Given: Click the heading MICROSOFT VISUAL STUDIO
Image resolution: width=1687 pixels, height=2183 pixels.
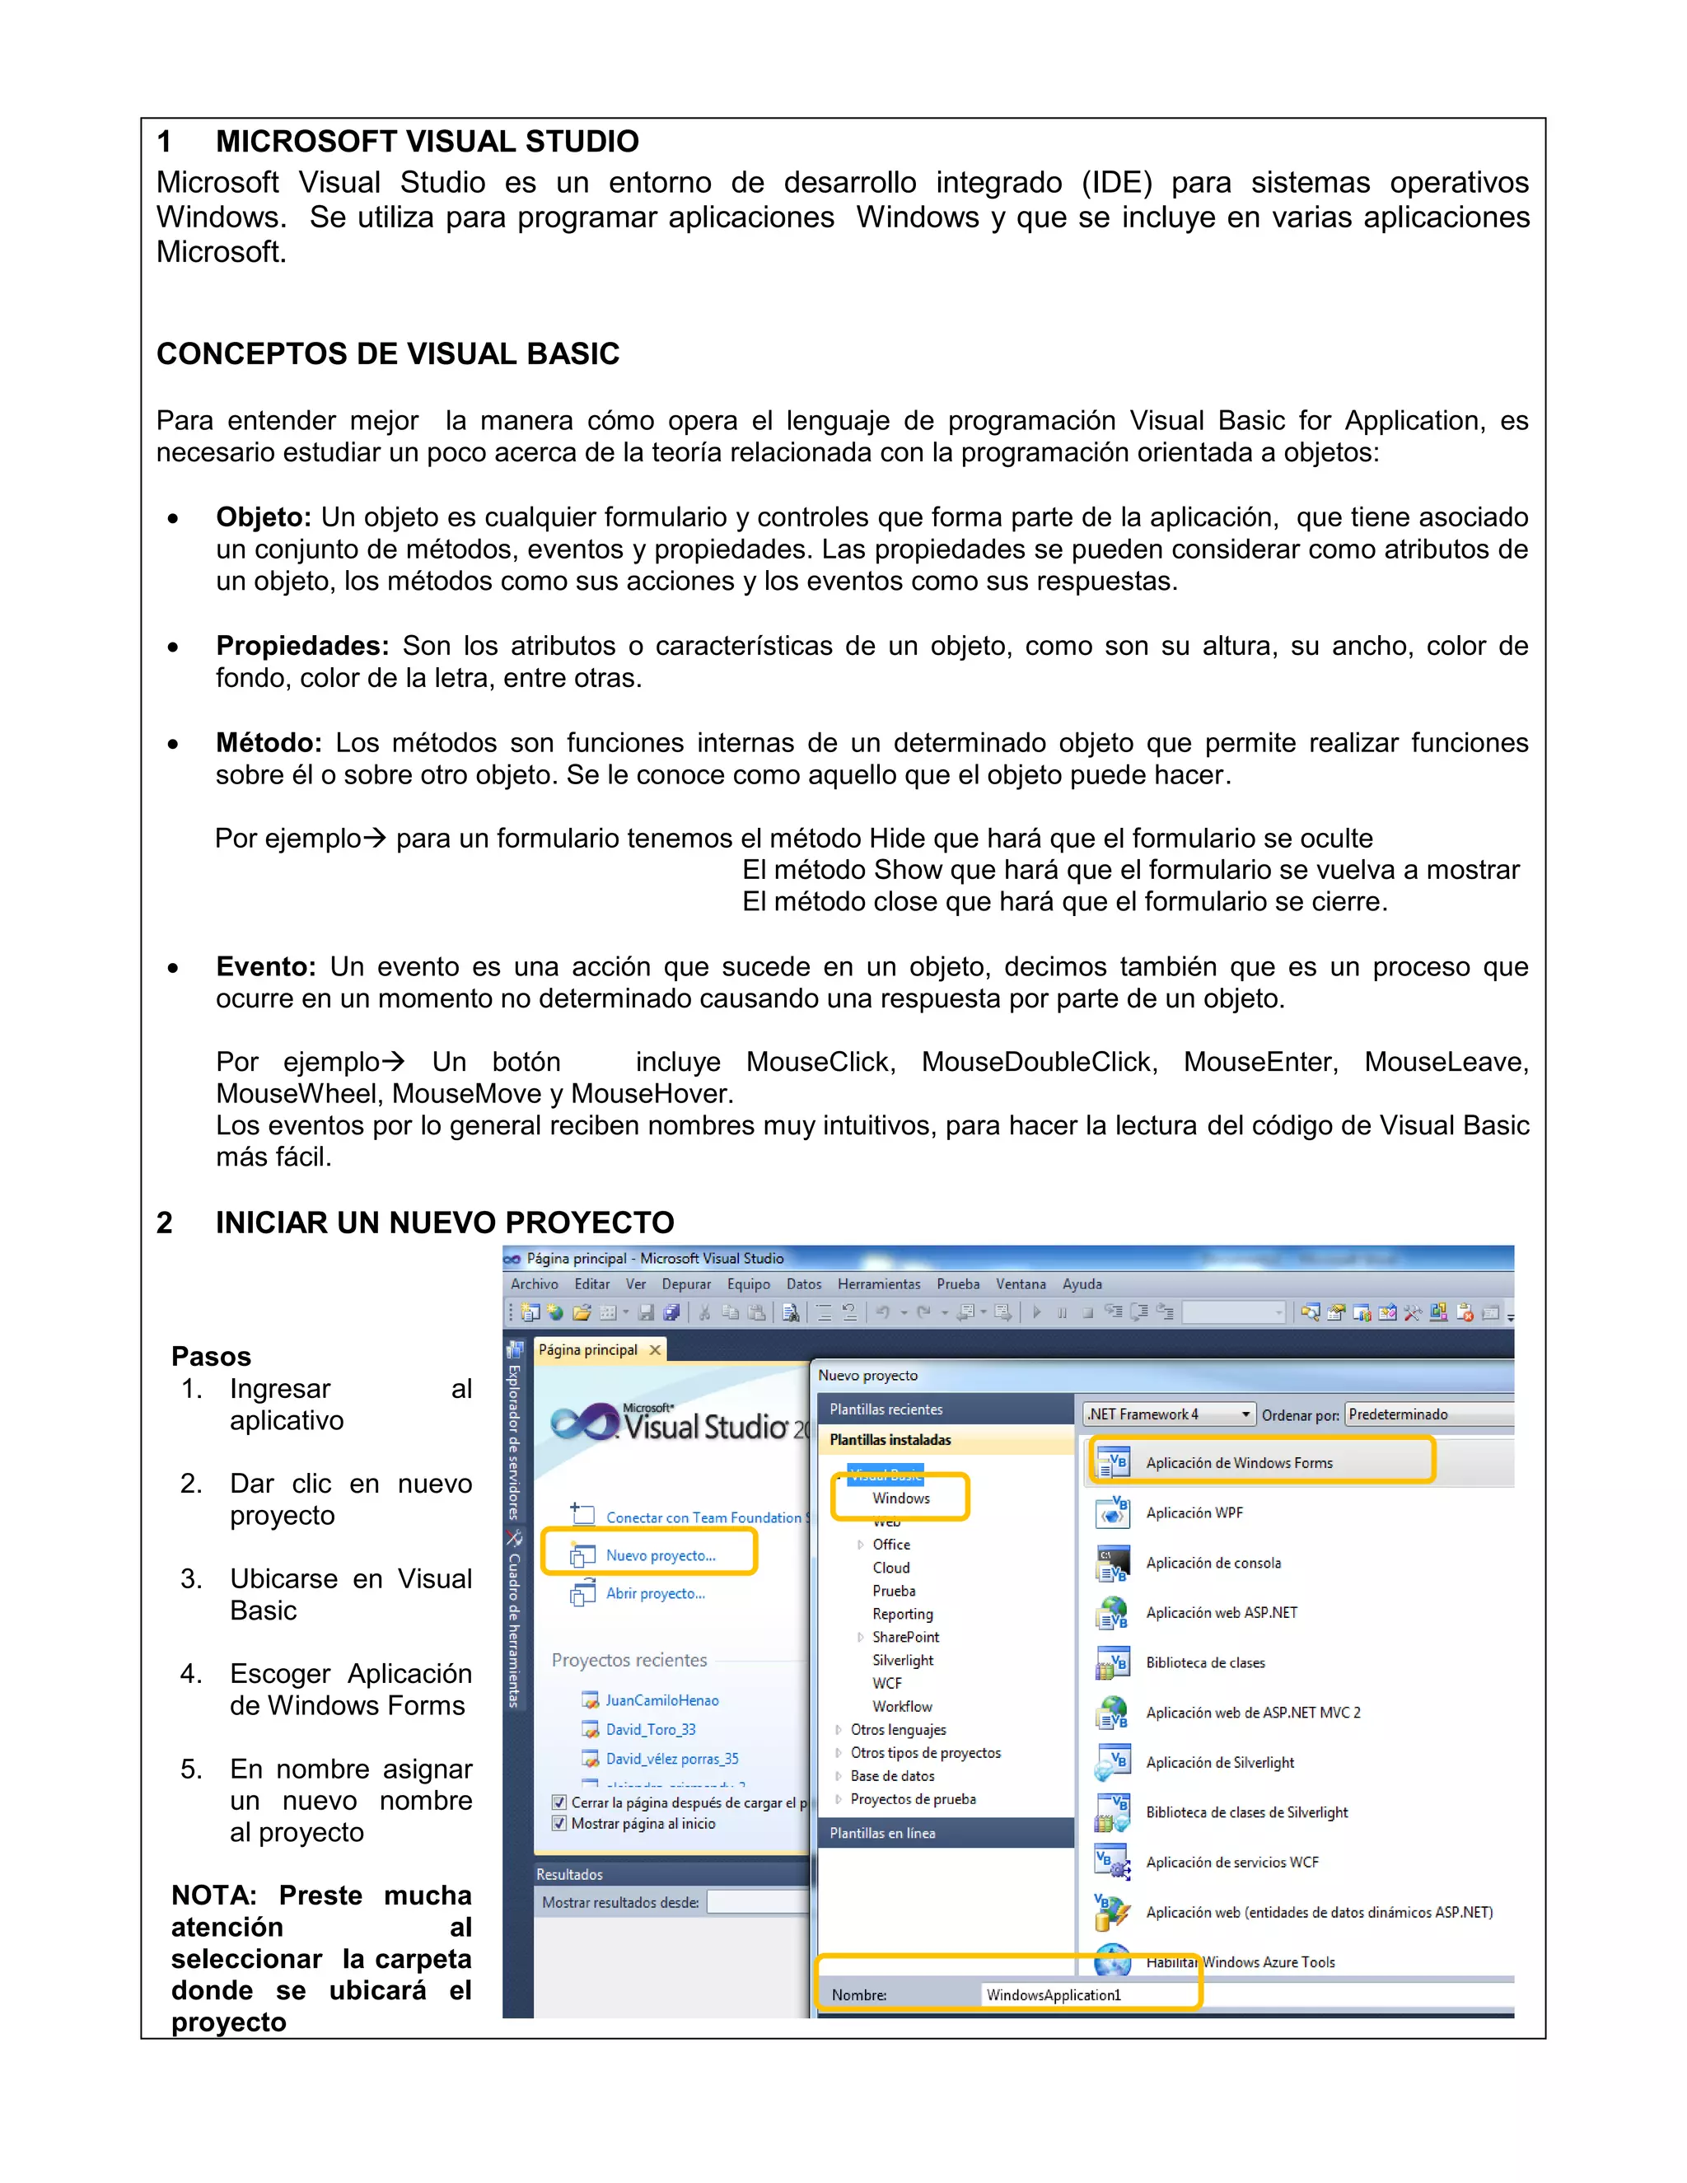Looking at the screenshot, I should point(427,142).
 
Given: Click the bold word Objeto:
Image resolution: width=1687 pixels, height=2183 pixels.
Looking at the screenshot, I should point(263,517).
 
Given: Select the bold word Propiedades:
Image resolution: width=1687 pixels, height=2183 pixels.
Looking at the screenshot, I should point(301,646).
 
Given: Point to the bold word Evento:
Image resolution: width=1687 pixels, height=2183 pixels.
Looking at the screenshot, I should point(265,966).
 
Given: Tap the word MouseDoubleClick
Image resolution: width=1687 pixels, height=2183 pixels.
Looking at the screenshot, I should point(1039,1062).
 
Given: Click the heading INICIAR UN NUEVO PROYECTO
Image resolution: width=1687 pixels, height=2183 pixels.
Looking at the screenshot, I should point(444,1222).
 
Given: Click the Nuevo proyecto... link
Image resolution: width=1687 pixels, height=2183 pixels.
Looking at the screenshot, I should point(660,1555).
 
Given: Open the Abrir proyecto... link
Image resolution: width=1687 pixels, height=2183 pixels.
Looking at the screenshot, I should point(655,1593).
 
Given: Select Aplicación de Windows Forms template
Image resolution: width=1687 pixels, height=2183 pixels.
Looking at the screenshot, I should point(1238,1462).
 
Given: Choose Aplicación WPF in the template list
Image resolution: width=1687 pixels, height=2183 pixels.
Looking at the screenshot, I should point(1194,1512).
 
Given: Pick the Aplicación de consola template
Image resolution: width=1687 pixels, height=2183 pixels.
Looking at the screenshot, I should point(1213,1562).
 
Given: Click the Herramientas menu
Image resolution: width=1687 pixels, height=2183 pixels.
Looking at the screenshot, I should point(878,1284).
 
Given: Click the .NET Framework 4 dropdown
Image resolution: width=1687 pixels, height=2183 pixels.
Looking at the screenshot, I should point(1168,1414).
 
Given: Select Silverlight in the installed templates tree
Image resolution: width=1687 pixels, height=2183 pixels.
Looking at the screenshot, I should point(903,1660).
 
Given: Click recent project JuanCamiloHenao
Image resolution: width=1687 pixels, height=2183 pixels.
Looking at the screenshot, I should point(661,1700).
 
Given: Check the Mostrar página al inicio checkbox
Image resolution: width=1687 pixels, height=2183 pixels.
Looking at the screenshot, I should point(559,1823).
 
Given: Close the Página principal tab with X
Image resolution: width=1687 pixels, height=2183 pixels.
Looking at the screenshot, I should point(655,1349).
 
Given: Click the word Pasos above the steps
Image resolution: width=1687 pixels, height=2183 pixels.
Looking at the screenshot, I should point(211,1357).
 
